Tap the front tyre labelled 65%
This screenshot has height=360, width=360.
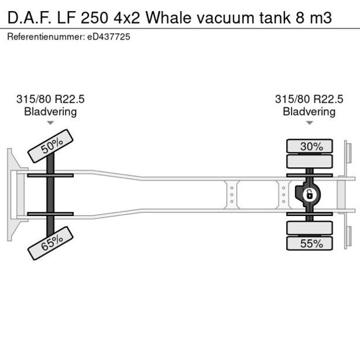[51, 244]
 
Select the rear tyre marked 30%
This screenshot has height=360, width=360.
[310, 146]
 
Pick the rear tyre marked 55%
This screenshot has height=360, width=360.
[310, 244]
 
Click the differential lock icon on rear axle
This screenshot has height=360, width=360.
[310, 195]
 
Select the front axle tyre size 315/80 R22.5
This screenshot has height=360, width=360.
[51, 99]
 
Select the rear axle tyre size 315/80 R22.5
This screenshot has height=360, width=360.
[309, 99]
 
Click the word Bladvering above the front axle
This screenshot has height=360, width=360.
[51, 111]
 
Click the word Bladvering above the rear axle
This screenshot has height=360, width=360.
[309, 111]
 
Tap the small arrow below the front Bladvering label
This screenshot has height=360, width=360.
[51, 123]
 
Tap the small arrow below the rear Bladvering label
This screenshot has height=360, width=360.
[309, 123]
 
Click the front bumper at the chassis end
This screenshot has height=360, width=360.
[11, 195]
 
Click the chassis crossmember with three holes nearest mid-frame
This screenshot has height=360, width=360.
[232, 195]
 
